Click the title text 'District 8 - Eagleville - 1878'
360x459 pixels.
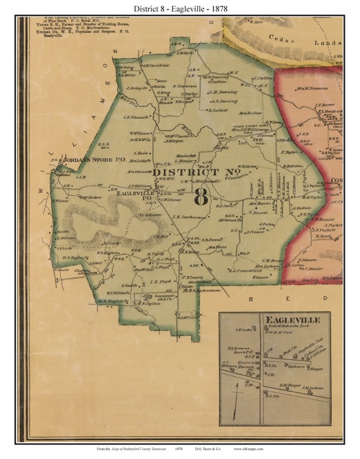click(x=180, y=8)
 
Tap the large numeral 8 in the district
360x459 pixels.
click(x=201, y=195)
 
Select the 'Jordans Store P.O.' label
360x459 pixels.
click(x=93, y=161)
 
